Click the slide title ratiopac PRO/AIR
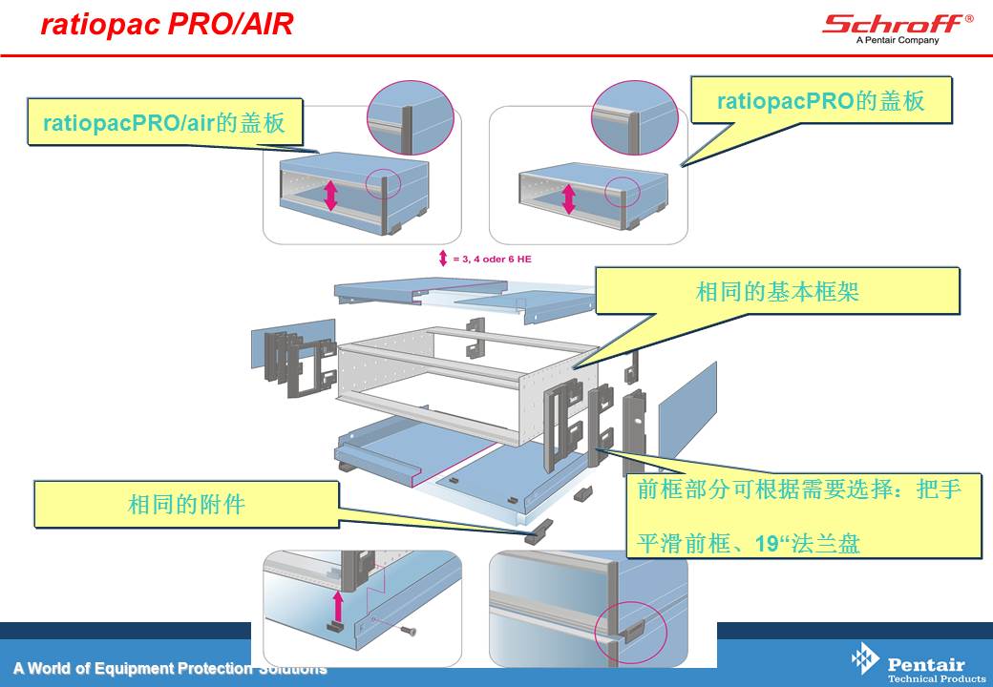pos(166,24)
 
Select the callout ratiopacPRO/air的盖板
pos(164,122)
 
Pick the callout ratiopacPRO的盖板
pos(821,100)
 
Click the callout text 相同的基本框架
pos(777,292)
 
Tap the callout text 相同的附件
pos(186,504)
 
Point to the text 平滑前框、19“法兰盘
pos(748,543)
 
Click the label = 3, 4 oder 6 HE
pos(492,259)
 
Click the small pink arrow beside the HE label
pos(443,258)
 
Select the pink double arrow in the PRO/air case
pos(330,196)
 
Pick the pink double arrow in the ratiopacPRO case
pos(568,198)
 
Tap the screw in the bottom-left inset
pos(409,630)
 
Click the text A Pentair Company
pos(898,40)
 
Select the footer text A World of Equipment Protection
pos(133,668)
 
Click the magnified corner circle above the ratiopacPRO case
pos(635,117)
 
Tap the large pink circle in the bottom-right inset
pos(631,631)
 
